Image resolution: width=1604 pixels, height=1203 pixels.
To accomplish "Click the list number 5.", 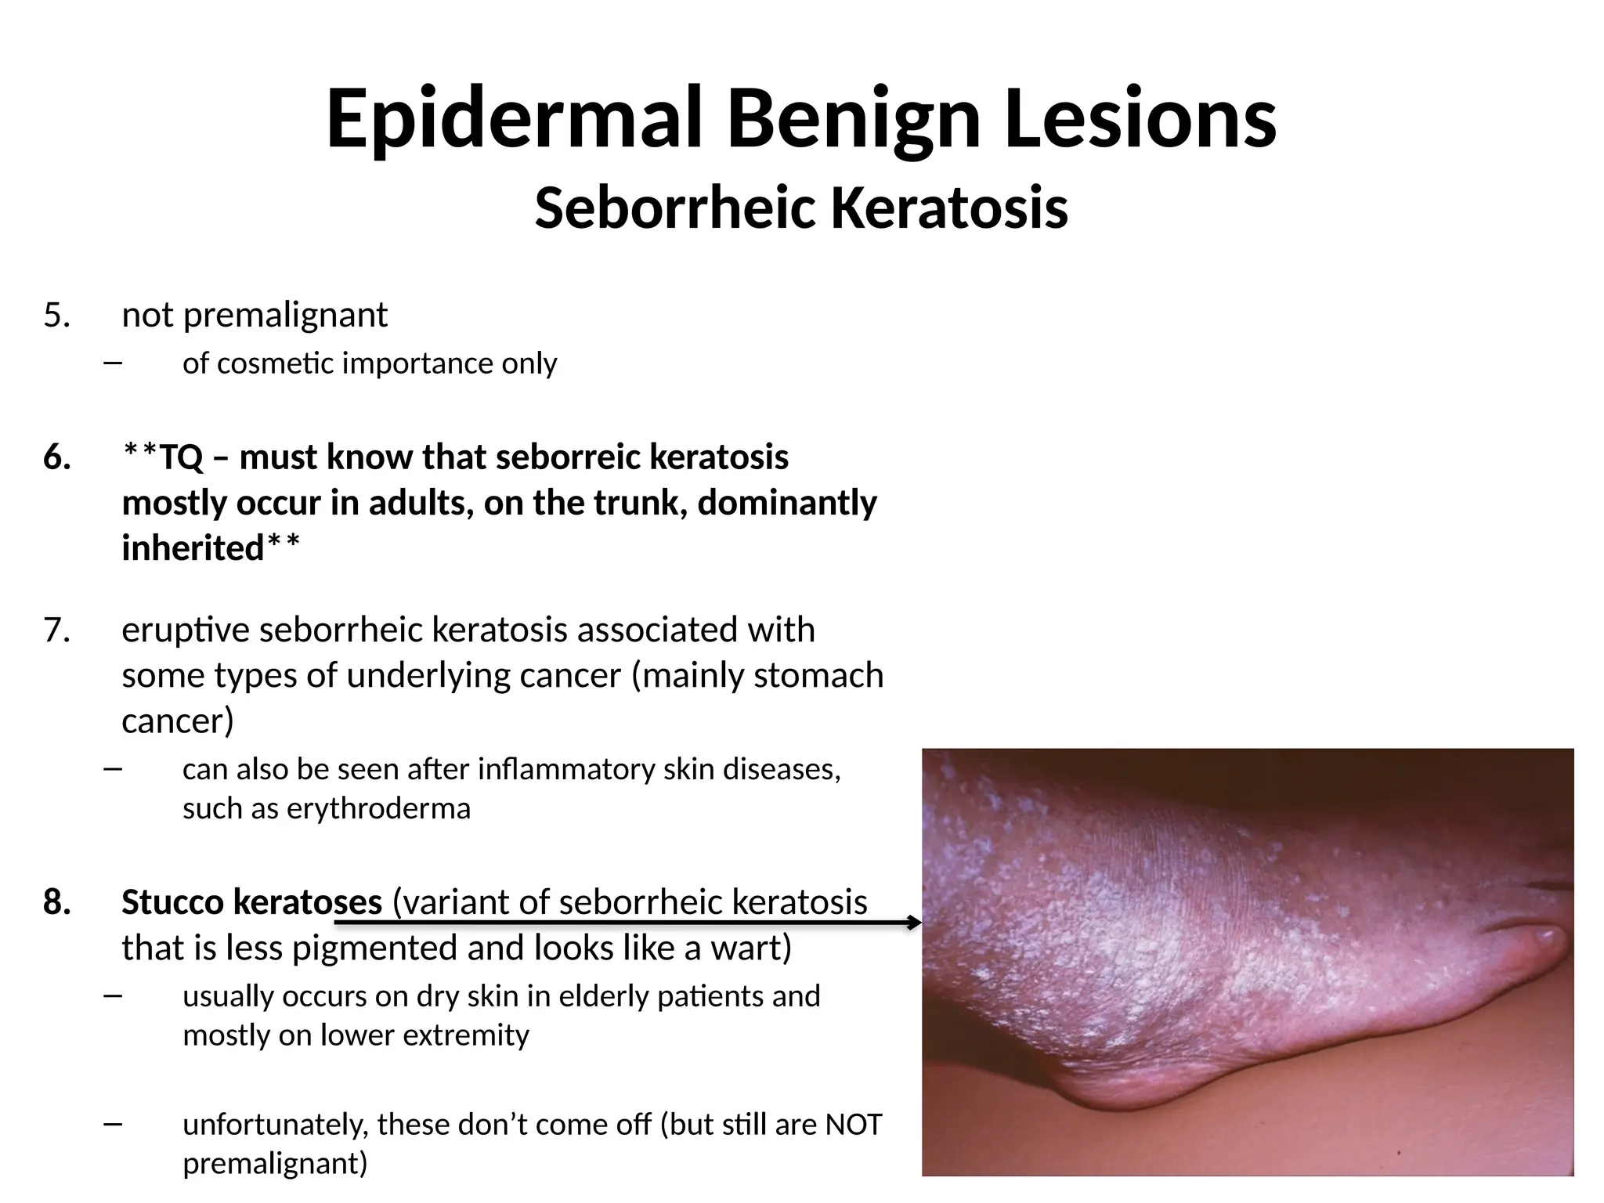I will [x=56, y=316].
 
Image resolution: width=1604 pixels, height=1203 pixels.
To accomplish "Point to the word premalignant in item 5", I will [x=285, y=316].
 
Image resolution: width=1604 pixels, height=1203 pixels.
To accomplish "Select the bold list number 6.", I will [x=56, y=457].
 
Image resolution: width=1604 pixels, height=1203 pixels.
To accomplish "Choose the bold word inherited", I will [x=193, y=548].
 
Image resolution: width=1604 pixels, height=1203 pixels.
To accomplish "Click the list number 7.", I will [x=56, y=630].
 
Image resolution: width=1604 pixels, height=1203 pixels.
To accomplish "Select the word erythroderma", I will [x=378, y=808].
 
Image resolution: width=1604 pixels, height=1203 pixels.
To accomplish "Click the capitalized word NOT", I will [x=854, y=1125].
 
